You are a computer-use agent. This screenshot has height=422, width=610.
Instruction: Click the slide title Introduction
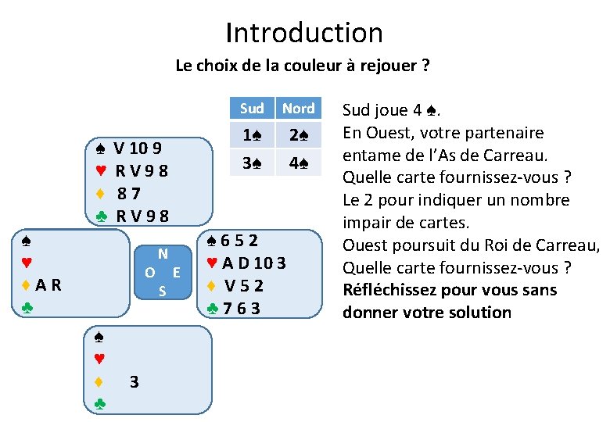(x=304, y=33)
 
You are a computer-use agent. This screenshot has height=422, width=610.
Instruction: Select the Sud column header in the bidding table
(x=252, y=108)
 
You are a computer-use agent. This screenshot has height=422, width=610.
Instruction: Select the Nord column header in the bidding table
(x=298, y=108)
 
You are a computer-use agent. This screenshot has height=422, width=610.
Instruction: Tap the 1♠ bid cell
(x=252, y=135)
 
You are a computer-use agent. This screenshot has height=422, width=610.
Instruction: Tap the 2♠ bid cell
(x=298, y=135)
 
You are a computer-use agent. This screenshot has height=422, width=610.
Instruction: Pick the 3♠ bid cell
(x=252, y=163)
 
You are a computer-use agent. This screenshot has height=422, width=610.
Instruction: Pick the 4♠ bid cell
(x=298, y=163)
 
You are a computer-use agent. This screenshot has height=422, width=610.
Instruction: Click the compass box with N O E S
(x=162, y=272)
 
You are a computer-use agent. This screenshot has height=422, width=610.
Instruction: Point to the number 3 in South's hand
(x=135, y=382)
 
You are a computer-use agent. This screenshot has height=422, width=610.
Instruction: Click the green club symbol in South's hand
(x=99, y=404)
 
